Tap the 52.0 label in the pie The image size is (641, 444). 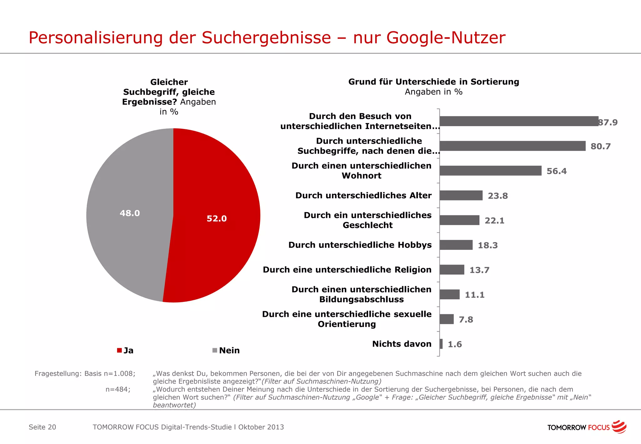(x=217, y=219)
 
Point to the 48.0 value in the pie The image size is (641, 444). (x=130, y=213)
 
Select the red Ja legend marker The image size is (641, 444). (x=119, y=350)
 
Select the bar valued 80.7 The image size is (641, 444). (x=512, y=146)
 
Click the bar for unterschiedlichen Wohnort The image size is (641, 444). (x=490, y=171)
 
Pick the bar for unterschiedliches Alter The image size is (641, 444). (x=461, y=195)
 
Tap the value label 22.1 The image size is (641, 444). (x=495, y=221)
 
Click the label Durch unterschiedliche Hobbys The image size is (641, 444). (x=360, y=245)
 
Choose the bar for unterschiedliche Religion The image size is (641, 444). (x=452, y=270)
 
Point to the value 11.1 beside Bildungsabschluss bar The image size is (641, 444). (x=474, y=295)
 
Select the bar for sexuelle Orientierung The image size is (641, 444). (x=446, y=319)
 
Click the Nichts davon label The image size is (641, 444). (x=402, y=344)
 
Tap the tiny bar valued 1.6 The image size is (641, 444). (x=441, y=344)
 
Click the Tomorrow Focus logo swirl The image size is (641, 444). (x=619, y=427)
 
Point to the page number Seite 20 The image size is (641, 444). (x=42, y=427)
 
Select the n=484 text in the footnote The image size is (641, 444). (x=118, y=390)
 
